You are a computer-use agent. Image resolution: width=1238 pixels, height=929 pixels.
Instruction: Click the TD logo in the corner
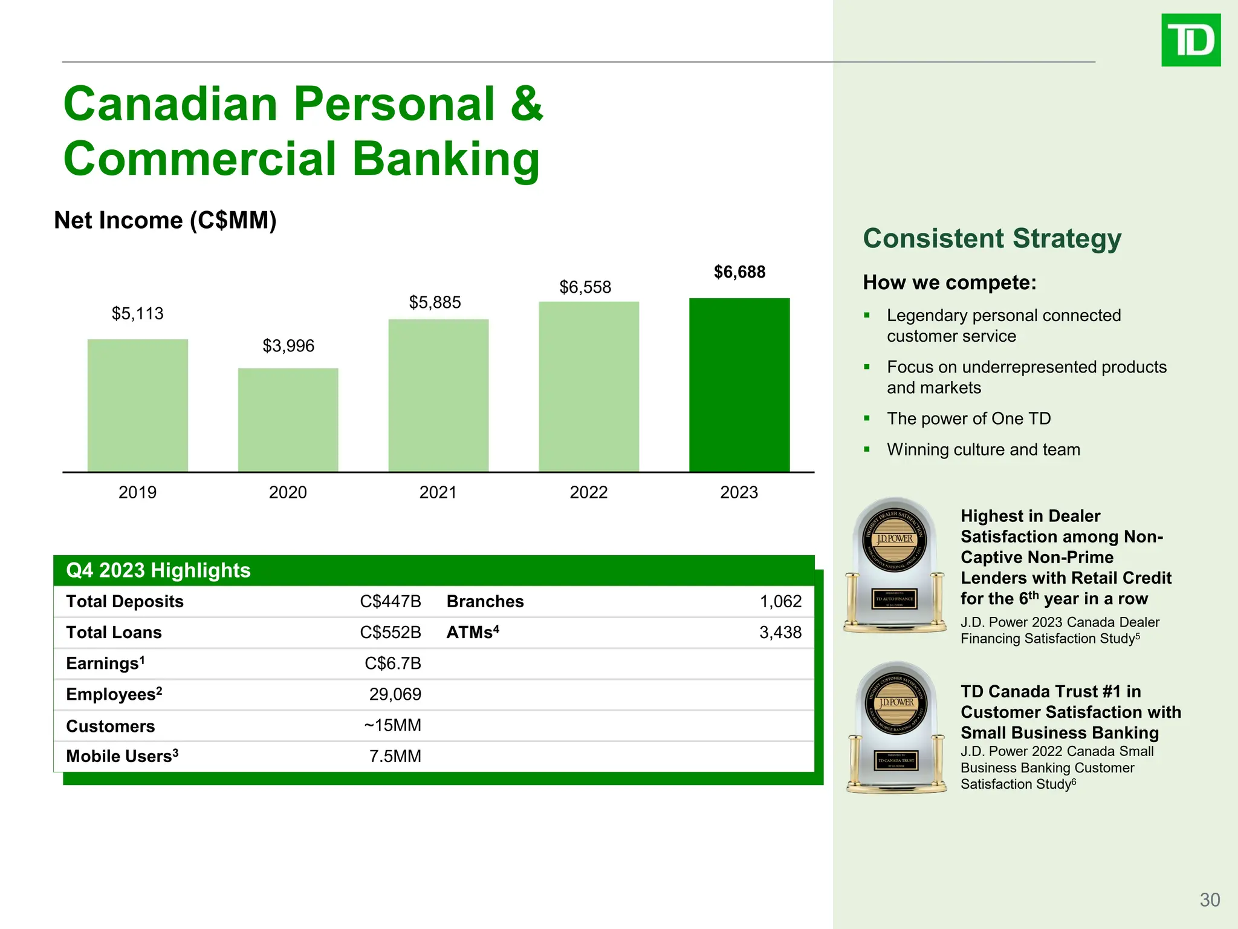1190,41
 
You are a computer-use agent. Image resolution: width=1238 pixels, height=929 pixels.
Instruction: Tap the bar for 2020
288,420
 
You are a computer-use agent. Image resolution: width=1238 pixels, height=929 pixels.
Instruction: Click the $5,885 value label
435,302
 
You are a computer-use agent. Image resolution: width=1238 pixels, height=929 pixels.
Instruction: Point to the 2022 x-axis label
588,492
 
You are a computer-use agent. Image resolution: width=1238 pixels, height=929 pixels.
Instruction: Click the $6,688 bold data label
739,272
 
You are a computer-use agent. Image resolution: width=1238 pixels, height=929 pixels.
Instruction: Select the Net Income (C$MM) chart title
165,221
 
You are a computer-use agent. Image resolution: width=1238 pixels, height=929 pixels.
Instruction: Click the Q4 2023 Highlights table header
158,570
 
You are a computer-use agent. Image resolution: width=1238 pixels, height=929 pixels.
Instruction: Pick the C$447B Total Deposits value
390,601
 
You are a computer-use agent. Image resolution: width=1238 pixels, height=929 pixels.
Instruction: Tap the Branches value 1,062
780,601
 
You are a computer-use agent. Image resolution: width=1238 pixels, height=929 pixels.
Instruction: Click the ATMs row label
472,633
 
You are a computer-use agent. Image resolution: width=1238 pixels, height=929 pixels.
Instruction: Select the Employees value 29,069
395,694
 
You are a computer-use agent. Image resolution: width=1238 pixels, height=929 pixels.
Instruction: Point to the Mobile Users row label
122,757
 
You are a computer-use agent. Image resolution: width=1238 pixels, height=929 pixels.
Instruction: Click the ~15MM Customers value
392,725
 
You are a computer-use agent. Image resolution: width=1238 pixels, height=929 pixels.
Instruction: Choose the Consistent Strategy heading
991,239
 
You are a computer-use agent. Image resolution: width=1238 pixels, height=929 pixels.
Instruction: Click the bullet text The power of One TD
968,419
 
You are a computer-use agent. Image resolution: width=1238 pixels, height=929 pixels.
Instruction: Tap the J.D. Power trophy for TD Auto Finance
895,566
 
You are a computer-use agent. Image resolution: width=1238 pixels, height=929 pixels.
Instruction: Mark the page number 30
1210,900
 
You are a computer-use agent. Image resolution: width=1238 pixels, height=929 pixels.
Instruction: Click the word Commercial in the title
200,159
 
